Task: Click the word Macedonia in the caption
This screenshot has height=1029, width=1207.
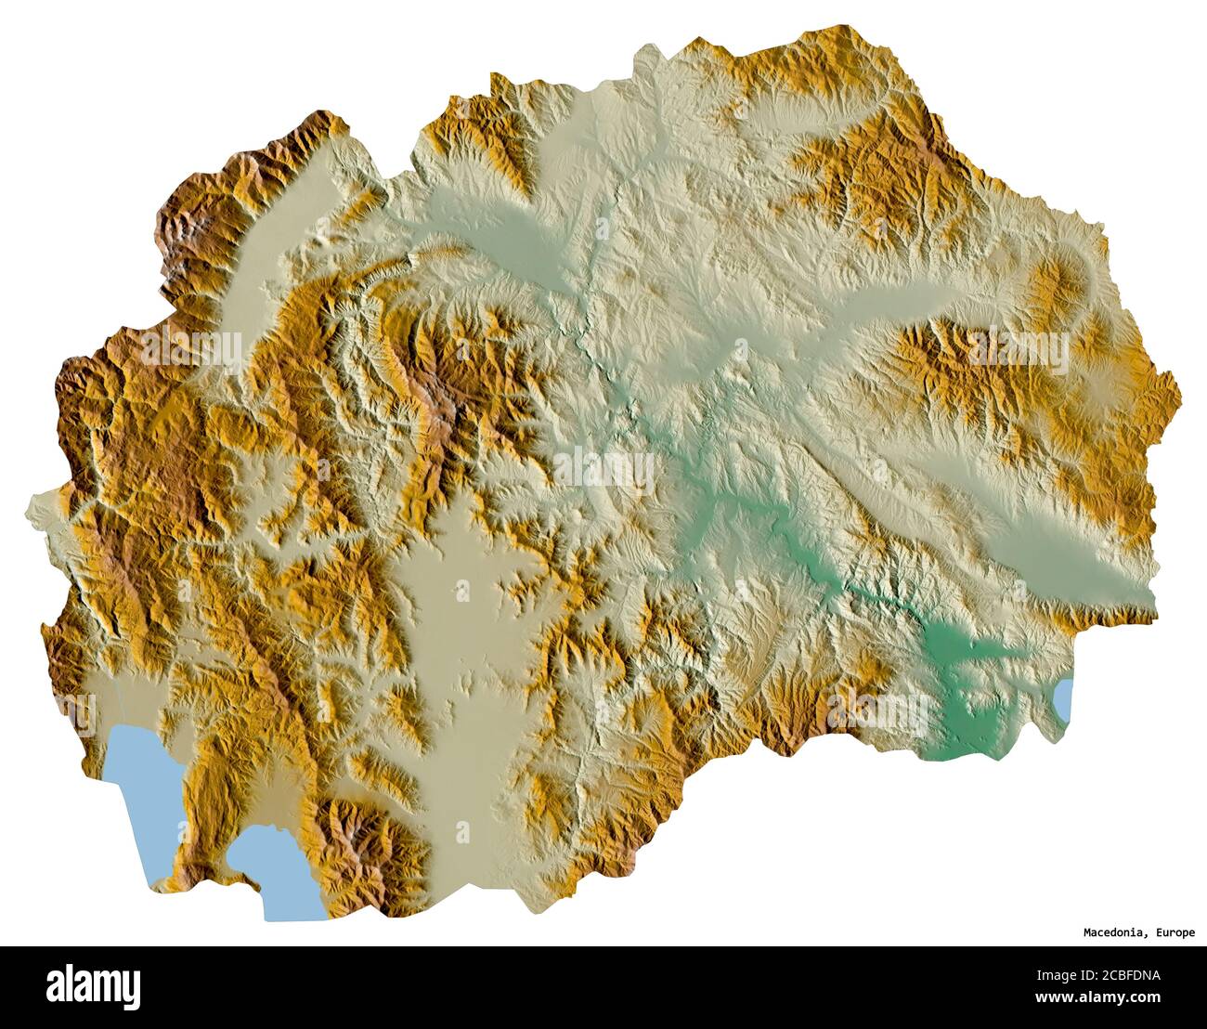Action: pos(1114,932)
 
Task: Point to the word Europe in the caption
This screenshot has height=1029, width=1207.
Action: pos(1175,932)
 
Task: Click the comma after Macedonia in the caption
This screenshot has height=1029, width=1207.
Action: pos(1148,935)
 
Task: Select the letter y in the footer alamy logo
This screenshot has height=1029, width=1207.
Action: pos(132,989)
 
